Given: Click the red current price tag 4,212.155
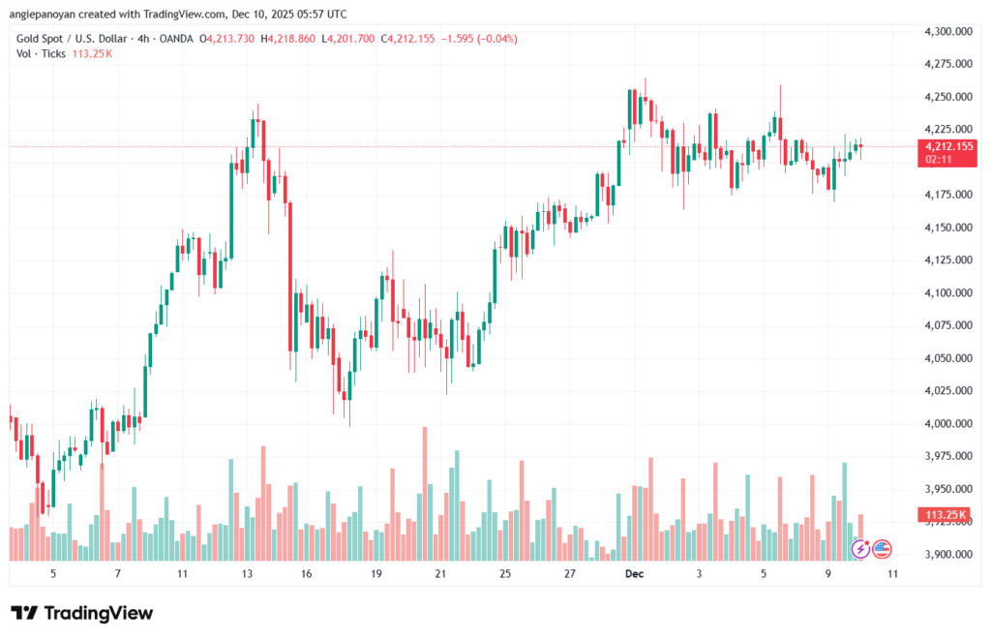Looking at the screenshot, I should (947, 146).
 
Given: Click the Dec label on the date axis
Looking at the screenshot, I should (633, 574).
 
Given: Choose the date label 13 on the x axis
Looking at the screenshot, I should (247, 574).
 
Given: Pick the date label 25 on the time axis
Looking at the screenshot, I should (505, 574).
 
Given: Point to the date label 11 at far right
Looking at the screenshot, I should (892, 574).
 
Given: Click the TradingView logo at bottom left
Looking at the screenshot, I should (81, 613).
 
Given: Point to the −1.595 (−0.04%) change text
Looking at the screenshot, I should (479, 39).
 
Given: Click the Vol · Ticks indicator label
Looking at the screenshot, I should (42, 53).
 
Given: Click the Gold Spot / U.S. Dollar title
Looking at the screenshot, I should (73, 39).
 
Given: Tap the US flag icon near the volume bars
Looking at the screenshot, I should (882, 549).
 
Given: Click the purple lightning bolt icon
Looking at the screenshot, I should (860, 549).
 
